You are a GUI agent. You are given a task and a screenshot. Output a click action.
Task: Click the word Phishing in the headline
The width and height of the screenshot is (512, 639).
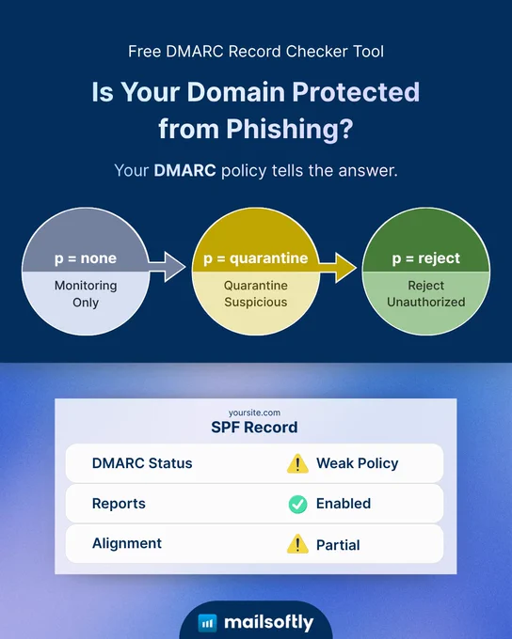[290, 129]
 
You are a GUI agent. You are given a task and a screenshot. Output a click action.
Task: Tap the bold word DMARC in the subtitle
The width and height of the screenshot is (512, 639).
[184, 170]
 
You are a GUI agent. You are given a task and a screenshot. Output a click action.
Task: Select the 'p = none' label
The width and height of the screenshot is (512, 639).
[86, 258]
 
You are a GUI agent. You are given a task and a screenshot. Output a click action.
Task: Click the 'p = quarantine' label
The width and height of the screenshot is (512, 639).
[256, 258]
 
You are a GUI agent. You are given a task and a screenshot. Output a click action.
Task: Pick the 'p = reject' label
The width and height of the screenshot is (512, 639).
[425, 258]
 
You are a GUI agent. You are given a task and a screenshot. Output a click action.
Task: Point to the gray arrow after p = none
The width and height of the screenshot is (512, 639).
[167, 267]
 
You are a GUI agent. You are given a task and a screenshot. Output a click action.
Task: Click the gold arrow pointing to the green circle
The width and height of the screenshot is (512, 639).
[337, 267]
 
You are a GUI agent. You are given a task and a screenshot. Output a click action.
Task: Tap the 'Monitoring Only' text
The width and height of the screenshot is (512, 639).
[86, 294]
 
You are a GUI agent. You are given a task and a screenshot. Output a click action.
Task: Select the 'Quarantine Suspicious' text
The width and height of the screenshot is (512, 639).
[256, 294]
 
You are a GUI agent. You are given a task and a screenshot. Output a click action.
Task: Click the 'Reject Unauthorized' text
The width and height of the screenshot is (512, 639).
[425, 294]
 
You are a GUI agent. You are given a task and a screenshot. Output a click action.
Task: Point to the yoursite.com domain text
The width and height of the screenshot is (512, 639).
[254, 413]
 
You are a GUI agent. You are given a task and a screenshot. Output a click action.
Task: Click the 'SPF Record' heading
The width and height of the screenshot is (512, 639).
[254, 428]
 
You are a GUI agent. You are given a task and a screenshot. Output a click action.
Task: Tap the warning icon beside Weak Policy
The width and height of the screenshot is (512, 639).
[297, 464]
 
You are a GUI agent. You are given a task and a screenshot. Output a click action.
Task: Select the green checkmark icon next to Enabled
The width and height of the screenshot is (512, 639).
[298, 504]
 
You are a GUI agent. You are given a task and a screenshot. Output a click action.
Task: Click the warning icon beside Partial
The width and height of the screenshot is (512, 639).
[297, 544]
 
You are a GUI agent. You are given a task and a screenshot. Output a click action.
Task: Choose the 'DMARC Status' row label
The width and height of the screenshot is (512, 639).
[142, 463]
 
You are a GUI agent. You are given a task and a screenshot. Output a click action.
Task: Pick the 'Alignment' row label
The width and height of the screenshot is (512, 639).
[127, 544]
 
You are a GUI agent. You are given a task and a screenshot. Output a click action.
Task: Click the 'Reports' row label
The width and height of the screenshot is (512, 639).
[119, 504]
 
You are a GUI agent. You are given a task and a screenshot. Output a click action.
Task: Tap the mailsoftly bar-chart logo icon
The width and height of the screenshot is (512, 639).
[207, 623]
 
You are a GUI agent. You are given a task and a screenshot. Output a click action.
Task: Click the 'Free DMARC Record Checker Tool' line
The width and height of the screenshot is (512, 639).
[256, 52]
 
